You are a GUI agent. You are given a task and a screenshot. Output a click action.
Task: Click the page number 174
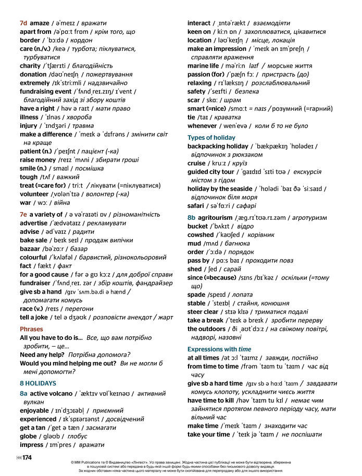(x=27, y=457)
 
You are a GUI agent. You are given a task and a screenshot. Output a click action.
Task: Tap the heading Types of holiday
(x=211, y=138)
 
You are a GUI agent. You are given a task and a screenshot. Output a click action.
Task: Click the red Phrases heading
(x=31, y=329)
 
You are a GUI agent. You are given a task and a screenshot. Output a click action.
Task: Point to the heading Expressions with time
(x=219, y=349)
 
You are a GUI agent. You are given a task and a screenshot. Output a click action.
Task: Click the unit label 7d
(x=23, y=23)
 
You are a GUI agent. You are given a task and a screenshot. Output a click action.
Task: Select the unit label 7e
(x=23, y=215)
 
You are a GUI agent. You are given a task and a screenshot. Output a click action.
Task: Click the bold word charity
(x=30, y=66)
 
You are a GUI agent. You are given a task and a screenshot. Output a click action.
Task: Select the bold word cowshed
(x=201, y=235)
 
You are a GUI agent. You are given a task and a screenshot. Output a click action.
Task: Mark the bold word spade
(x=196, y=295)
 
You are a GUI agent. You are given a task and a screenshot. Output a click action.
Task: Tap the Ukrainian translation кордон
(x=75, y=41)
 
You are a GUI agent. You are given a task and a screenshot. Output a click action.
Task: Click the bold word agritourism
(x=215, y=218)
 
